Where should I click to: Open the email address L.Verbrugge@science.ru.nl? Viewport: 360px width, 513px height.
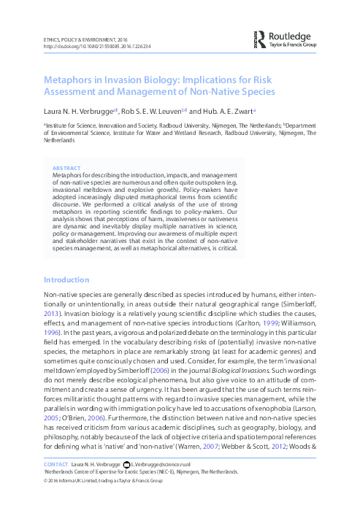click(x=163, y=464)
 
